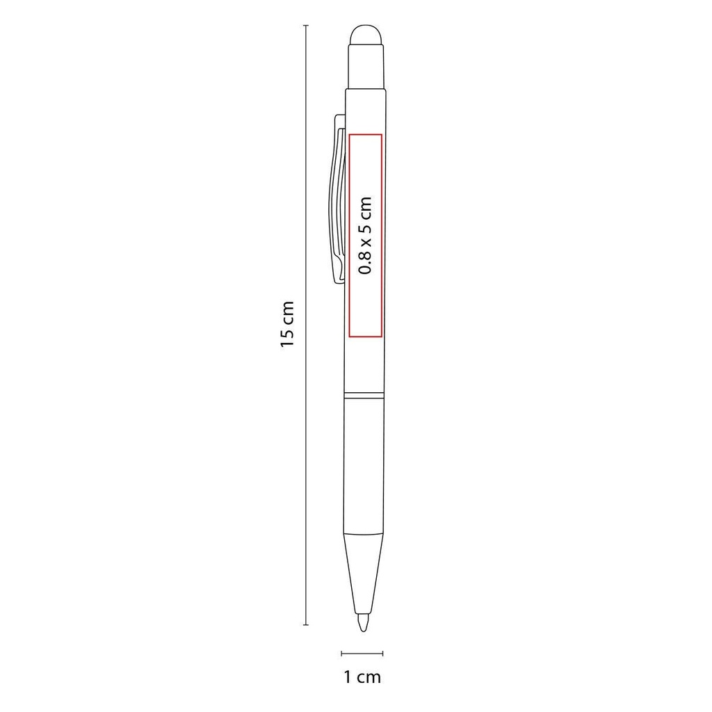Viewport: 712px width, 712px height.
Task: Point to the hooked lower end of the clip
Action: (x=339, y=275)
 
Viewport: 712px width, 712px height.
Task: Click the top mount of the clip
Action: (x=339, y=122)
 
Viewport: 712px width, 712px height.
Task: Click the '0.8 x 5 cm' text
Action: (x=365, y=236)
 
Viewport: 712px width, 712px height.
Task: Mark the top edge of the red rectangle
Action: (x=365, y=133)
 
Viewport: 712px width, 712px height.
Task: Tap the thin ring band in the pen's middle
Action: (x=364, y=397)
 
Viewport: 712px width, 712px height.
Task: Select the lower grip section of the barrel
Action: (x=364, y=466)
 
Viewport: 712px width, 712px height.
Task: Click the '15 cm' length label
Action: (x=287, y=324)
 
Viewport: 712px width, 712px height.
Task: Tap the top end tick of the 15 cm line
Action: (x=306, y=25)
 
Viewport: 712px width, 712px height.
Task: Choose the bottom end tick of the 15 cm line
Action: (x=306, y=625)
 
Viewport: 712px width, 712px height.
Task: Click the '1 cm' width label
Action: (x=363, y=677)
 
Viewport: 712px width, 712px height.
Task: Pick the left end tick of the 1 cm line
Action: (x=341, y=653)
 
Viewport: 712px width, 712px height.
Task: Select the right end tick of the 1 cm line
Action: (x=383, y=653)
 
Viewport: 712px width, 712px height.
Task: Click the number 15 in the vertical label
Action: (x=287, y=338)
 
